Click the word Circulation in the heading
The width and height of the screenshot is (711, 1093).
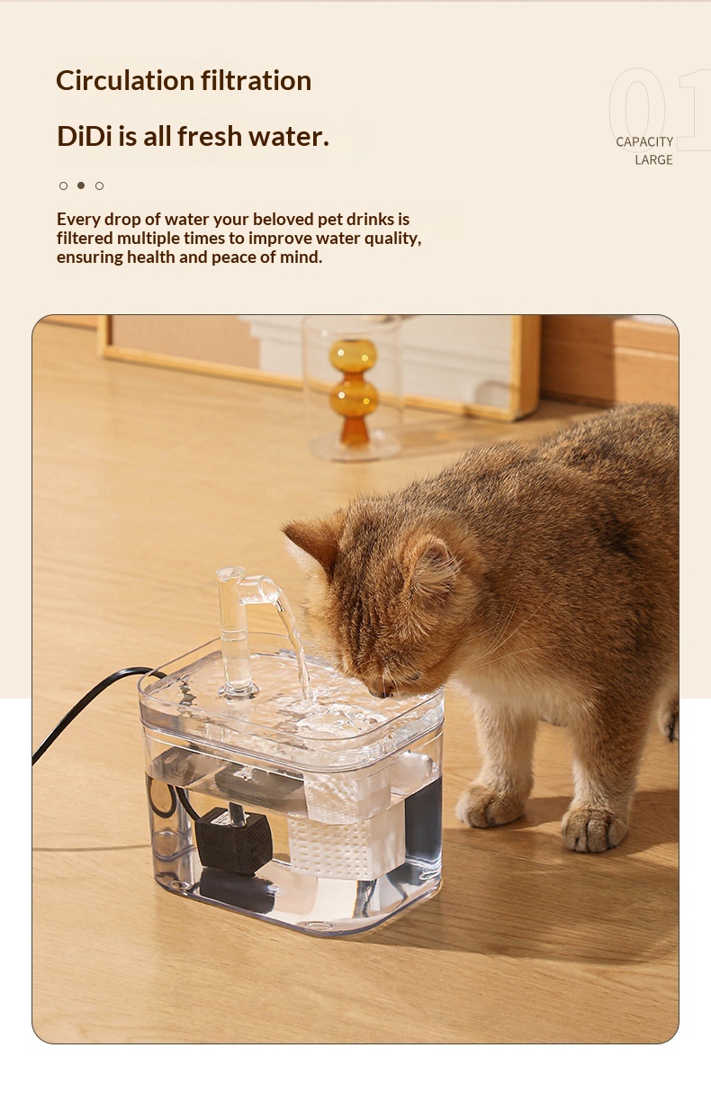click(125, 80)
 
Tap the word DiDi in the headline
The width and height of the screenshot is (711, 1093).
click(84, 136)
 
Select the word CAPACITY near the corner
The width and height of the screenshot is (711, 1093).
click(644, 142)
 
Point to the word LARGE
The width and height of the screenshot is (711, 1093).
click(653, 160)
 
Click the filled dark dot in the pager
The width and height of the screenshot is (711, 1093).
click(81, 185)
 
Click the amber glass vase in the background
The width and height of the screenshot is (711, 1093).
click(354, 392)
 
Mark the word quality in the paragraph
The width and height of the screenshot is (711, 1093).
click(393, 239)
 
